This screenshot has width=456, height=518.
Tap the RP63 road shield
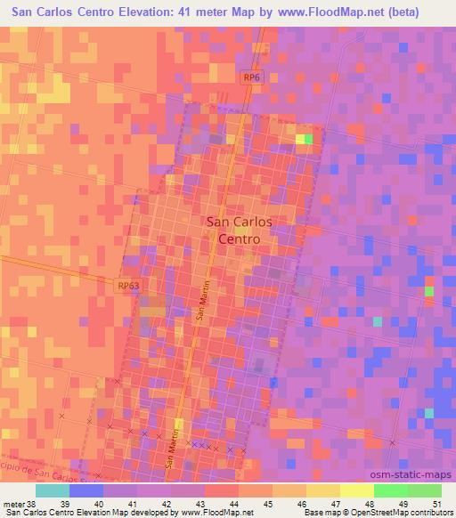click(x=127, y=286)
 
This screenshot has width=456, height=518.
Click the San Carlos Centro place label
click(x=239, y=231)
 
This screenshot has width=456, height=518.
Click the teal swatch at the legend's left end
click(x=53, y=491)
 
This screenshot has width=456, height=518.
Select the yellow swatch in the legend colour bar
click(x=356, y=491)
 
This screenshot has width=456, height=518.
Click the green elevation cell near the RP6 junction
click(x=308, y=139)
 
